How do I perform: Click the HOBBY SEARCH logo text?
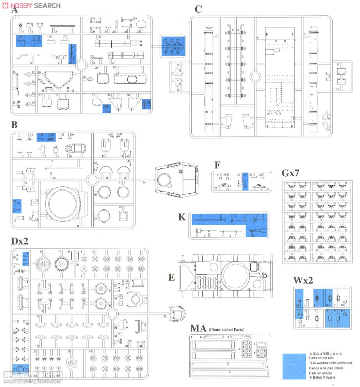tap(33, 5)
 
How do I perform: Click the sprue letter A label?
tap(15, 10)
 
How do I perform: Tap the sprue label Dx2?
tap(20, 241)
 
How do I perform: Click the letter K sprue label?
tap(182, 217)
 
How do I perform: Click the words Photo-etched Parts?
tap(226, 330)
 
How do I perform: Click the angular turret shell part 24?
tap(176, 181)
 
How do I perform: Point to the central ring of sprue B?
tap(92, 180)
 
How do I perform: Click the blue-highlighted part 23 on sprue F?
tap(245, 181)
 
